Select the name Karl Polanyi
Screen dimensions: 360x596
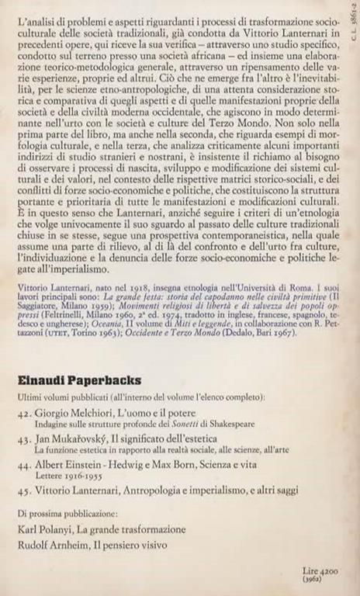tap(47, 529)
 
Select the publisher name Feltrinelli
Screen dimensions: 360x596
tap(47, 317)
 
